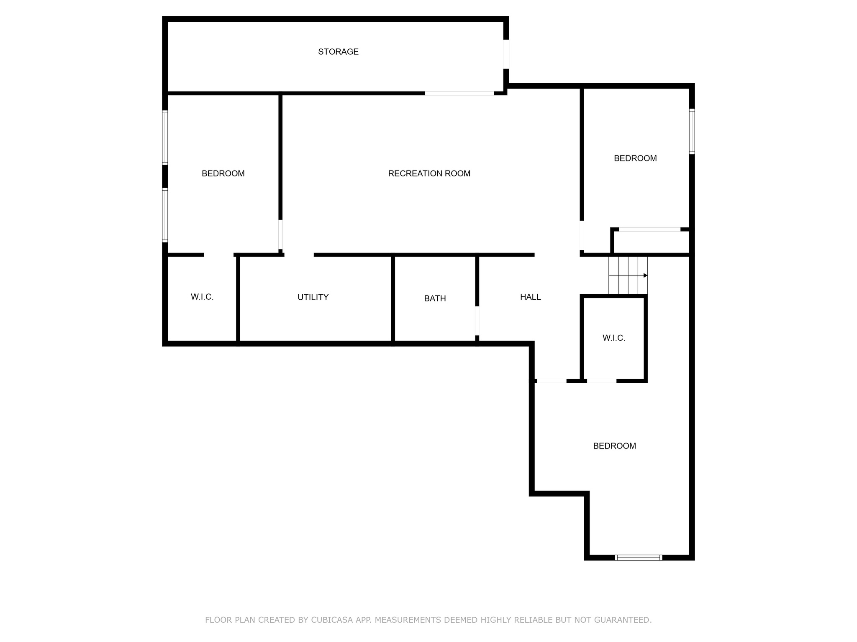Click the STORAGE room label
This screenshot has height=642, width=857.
pos(338,52)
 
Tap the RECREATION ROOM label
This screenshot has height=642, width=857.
pos(429,173)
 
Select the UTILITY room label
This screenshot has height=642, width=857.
pos(313,297)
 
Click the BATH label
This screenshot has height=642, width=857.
pos(435,298)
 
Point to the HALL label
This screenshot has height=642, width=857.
pos(531,297)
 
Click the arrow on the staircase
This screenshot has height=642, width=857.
pos(628,275)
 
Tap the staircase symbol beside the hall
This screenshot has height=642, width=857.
pos(628,275)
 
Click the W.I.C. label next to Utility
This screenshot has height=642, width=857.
pos(202,297)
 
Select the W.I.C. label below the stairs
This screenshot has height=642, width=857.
pos(614,338)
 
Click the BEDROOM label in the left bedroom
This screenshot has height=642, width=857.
pos(223,173)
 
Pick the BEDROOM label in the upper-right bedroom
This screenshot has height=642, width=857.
pos(635,158)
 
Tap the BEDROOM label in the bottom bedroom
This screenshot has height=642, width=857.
pos(615,446)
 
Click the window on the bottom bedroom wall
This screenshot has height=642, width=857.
pos(639,557)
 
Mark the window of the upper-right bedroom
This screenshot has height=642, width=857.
pos(692,131)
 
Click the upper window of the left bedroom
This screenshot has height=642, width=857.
pos(165,138)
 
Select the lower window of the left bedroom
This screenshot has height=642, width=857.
pos(165,215)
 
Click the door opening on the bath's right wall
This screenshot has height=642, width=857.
pos(477,321)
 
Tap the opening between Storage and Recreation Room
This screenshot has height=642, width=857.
pos(459,93)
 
